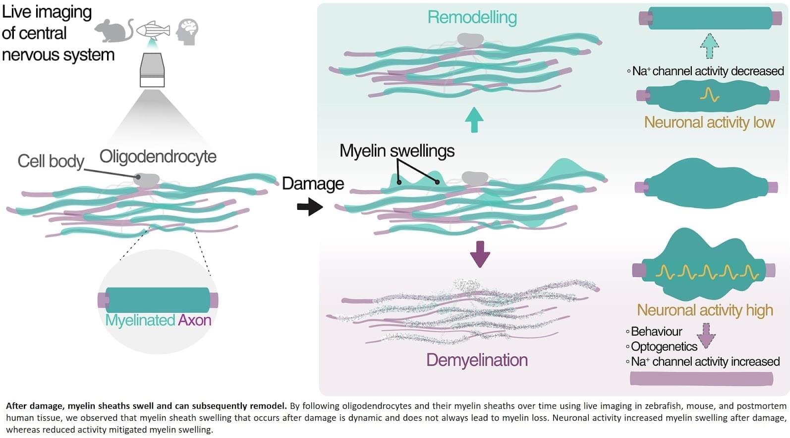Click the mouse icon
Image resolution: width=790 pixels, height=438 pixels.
pyautogui.click(x=113, y=31)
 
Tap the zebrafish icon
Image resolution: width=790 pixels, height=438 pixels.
pyautogui.click(x=153, y=31)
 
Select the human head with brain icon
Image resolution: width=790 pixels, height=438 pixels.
pyautogui.click(x=187, y=31)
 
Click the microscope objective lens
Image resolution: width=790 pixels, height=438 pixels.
pyautogui.click(x=152, y=70)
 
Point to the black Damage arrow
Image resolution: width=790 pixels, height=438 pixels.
pyautogui.click(x=310, y=206)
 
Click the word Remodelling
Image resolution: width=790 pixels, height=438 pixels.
pyautogui.click(x=472, y=17)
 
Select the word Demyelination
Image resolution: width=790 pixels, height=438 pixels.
pyautogui.click(x=477, y=360)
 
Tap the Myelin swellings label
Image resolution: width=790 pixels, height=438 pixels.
pyautogui.click(x=396, y=150)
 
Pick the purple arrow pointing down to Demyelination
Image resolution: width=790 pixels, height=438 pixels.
pyautogui.click(x=479, y=254)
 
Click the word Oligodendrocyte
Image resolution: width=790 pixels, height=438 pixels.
pyautogui.click(x=158, y=156)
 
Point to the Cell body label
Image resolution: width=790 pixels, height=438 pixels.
pyautogui.click(x=51, y=161)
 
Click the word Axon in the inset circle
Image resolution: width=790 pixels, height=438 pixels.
pyautogui.click(x=194, y=320)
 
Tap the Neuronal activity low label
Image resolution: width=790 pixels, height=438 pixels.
pyautogui.click(x=709, y=122)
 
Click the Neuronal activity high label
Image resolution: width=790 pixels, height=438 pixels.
pyautogui.click(x=705, y=310)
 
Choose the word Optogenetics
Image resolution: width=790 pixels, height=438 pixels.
pyautogui.click(x=664, y=346)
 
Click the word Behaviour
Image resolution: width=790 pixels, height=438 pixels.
pyautogui.click(x=656, y=331)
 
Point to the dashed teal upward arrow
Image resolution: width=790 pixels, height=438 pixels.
pyautogui.click(x=709, y=47)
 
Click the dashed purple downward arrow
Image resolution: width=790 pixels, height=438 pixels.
pyautogui.click(x=706, y=335)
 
